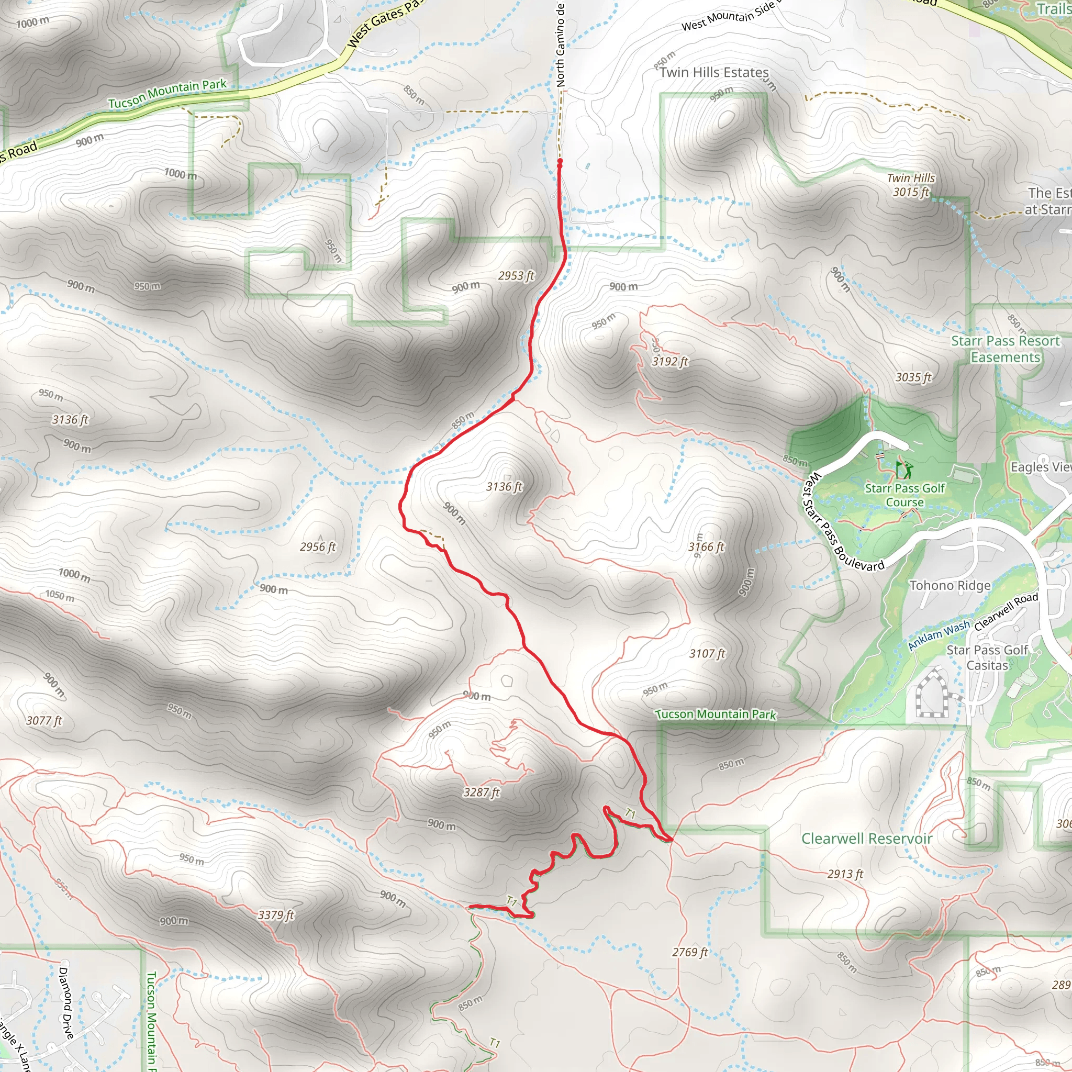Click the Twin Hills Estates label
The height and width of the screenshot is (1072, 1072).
click(714, 73)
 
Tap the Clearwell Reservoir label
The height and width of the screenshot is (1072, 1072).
click(866, 839)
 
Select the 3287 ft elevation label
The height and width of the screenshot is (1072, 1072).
click(482, 792)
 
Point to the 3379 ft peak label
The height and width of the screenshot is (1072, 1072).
click(276, 915)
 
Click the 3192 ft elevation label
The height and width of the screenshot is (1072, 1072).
click(669, 362)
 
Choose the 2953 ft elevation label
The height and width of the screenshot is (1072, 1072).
click(516, 276)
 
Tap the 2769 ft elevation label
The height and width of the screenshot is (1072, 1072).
click(690, 953)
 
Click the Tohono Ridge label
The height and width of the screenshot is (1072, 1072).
click(950, 586)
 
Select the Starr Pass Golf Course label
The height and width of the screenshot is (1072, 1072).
click(904, 495)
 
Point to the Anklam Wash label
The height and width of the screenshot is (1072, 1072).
click(939, 635)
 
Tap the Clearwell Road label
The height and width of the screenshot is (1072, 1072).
click(1006, 611)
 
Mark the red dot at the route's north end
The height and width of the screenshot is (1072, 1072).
click(560, 161)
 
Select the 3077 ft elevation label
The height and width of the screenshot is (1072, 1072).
click(44, 721)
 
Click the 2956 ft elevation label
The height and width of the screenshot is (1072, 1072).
click(318, 547)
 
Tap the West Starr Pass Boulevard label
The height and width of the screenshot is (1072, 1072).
click(842, 522)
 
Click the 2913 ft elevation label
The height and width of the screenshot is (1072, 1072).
click(845, 874)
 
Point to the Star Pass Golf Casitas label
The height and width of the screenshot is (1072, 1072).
click(987, 657)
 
